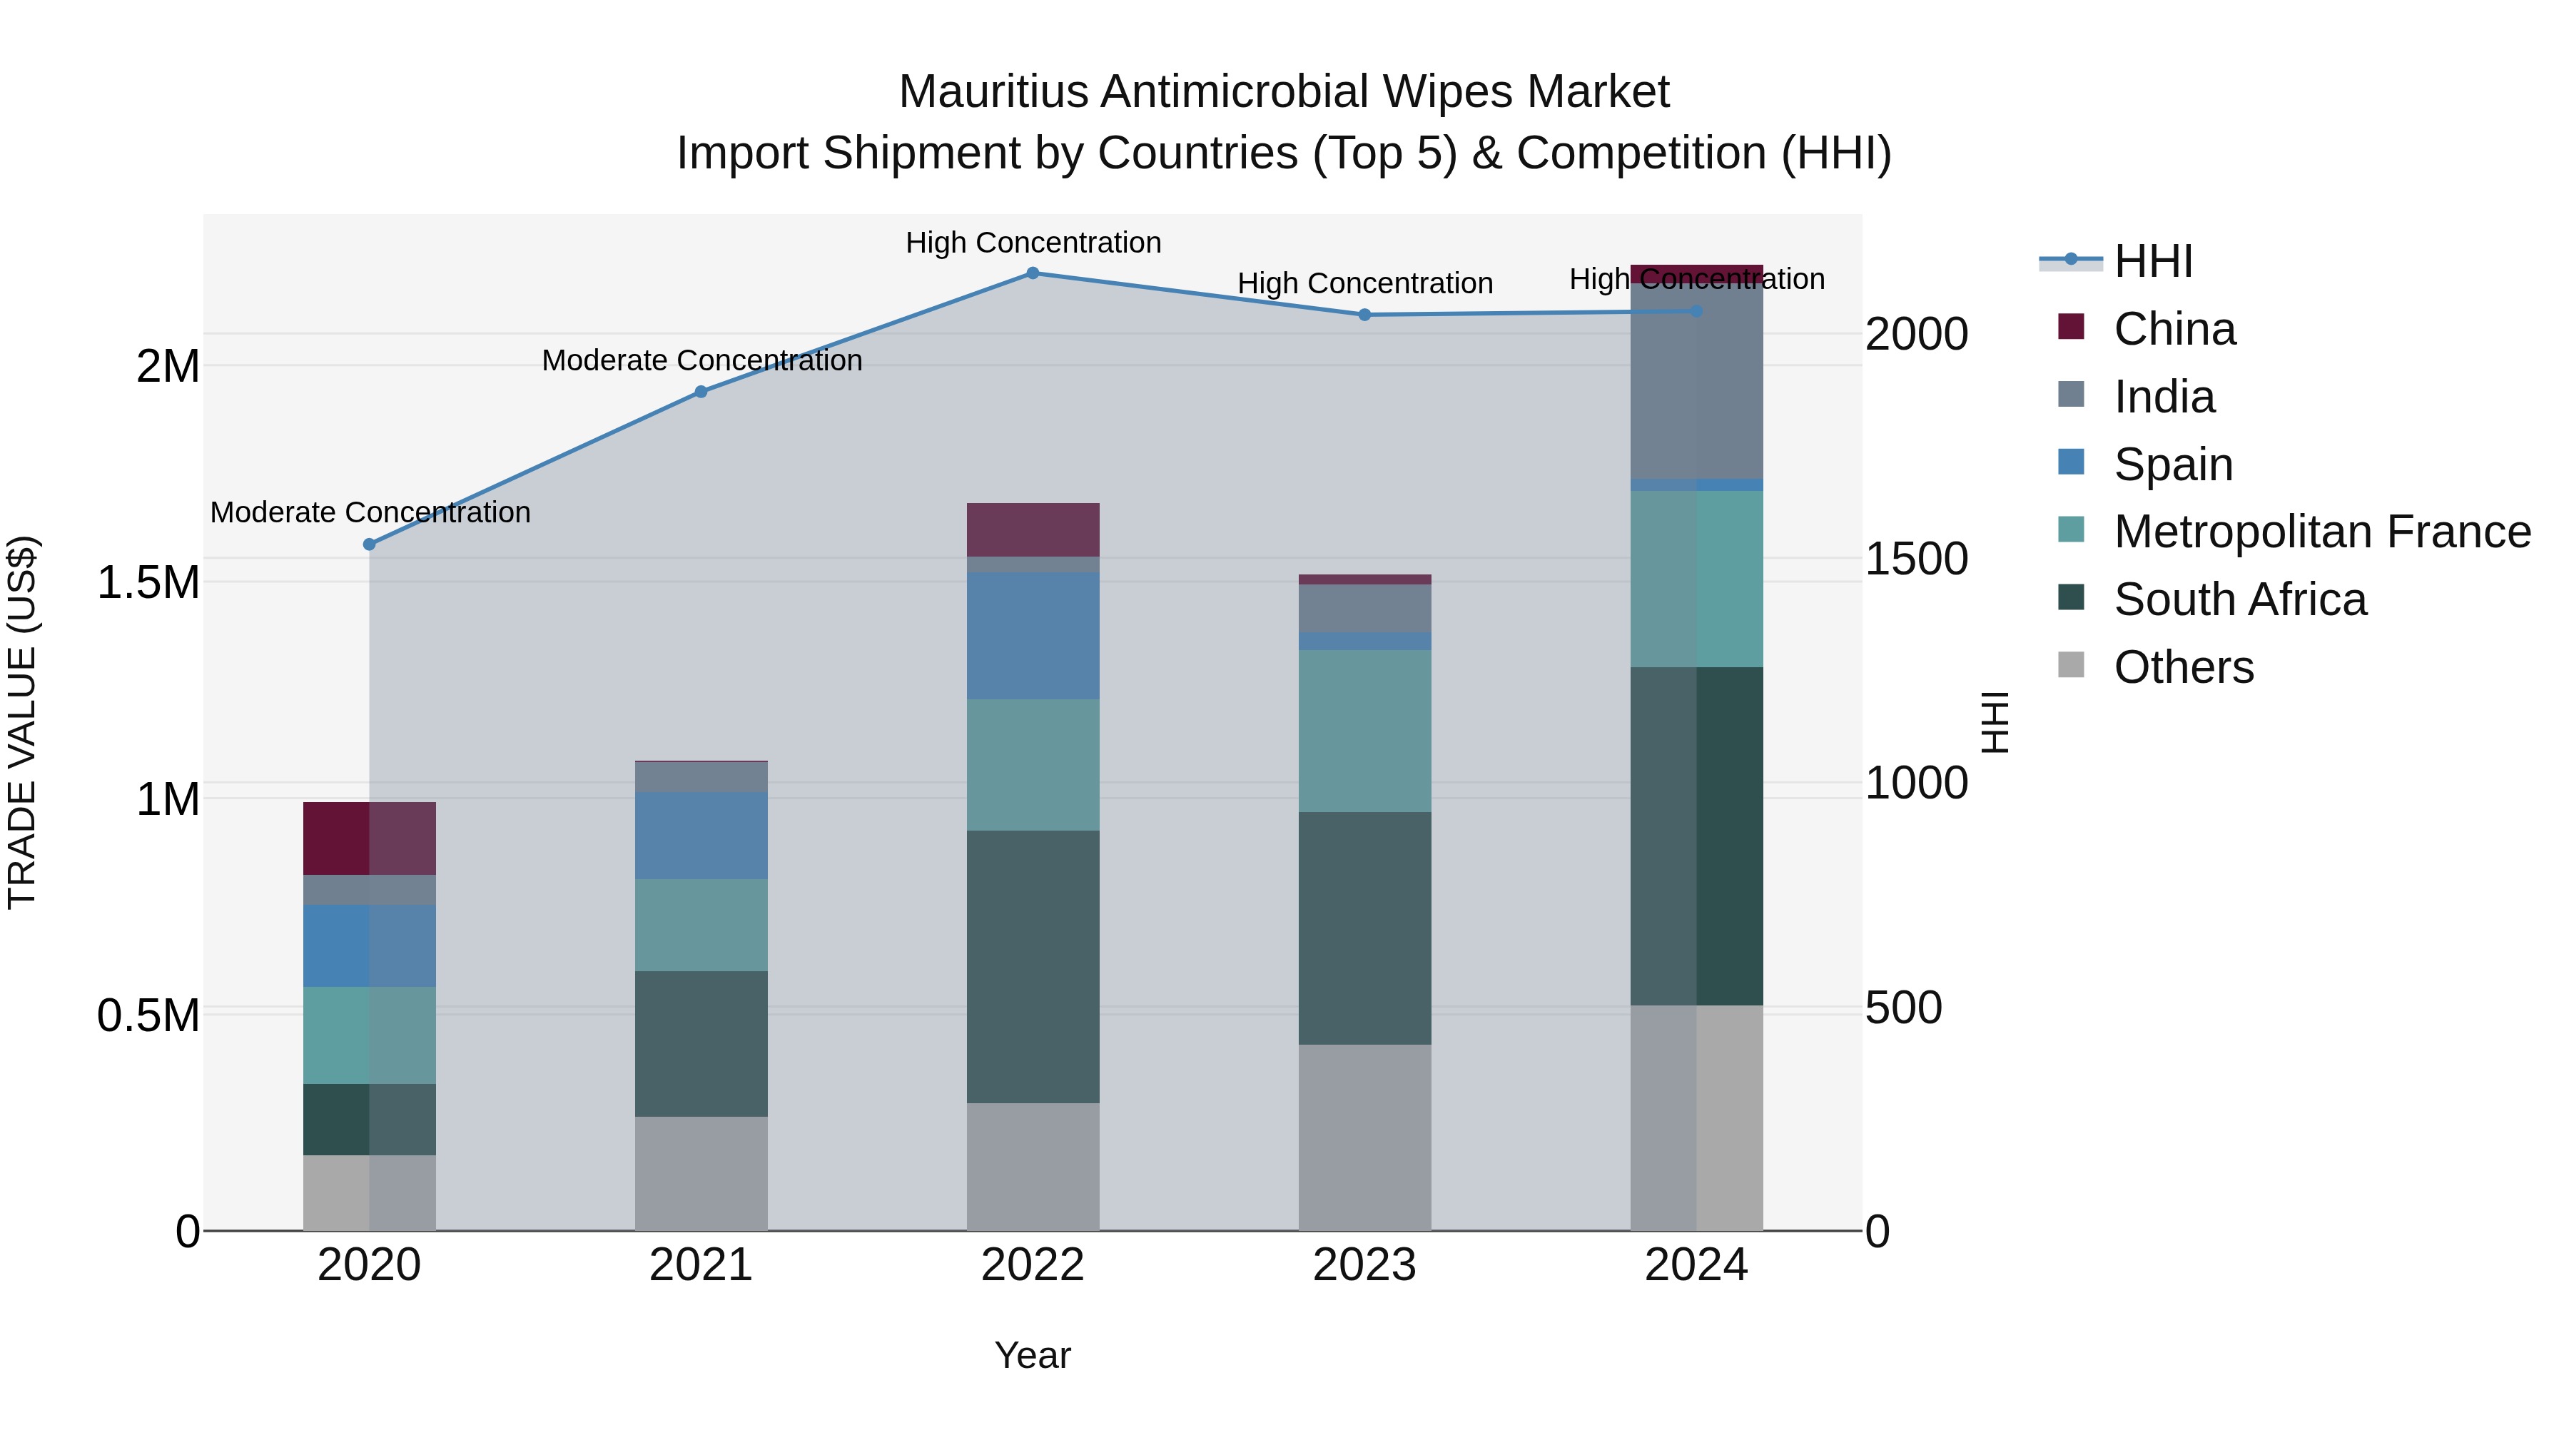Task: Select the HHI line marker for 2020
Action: click(x=369, y=544)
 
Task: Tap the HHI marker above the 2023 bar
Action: click(x=1364, y=315)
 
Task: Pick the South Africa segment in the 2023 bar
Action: click(x=1364, y=928)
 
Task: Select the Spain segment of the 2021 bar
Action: click(x=701, y=836)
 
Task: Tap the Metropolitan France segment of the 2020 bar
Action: click(x=369, y=1035)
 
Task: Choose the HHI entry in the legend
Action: click(x=2152, y=261)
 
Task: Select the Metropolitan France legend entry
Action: click(x=2321, y=532)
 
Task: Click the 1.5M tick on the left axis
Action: click(x=148, y=582)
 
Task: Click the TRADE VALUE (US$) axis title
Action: click(x=22, y=722)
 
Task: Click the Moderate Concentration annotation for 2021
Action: click(x=701, y=360)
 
